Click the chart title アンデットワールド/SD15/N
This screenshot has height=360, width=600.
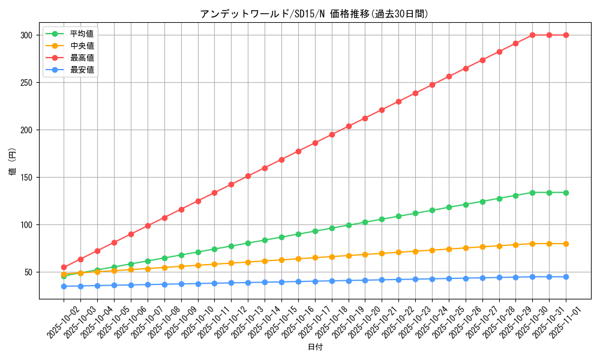(314, 14)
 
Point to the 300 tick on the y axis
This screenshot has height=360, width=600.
(25, 35)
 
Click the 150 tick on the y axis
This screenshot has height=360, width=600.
(25, 178)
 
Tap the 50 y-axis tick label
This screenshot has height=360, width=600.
(28, 272)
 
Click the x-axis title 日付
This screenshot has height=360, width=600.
(315, 347)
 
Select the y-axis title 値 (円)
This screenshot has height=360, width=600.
(13, 162)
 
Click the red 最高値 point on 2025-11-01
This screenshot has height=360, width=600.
(566, 35)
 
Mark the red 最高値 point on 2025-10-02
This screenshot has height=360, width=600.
(64, 267)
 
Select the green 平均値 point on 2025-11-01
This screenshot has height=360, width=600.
(566, 193)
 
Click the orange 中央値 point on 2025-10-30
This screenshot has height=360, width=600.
(532, 244)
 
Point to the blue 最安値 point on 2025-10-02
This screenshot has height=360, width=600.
(64, 286)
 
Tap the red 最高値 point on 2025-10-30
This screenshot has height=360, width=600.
(532, 35)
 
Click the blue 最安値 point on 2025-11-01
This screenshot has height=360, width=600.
(566, 277)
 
